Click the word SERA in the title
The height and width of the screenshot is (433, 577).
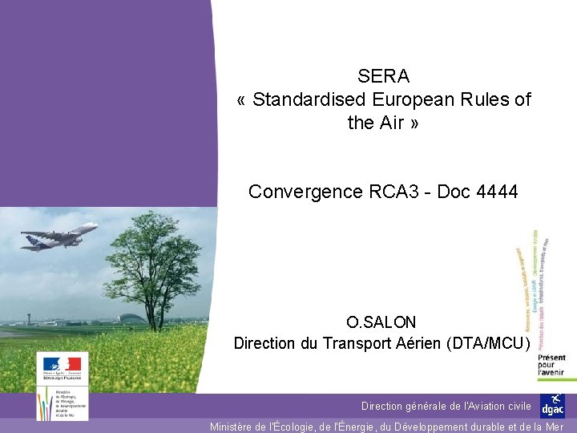pyautogui.click(x=384, y=77)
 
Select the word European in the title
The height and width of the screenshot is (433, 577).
pyautogui.click(x=415, y=100)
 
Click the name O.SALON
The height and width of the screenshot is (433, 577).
pyautogui.click(x=381, y=322)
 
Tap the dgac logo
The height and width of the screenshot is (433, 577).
pyautogui.click(x=552, y=406)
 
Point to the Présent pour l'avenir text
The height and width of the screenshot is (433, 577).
pyautogui.click(x=551, y=366)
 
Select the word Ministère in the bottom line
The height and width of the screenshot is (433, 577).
pyautogui.click(x=236, y=427)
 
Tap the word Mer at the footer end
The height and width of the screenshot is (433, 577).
pyautogui.click(x=555, y=427)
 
